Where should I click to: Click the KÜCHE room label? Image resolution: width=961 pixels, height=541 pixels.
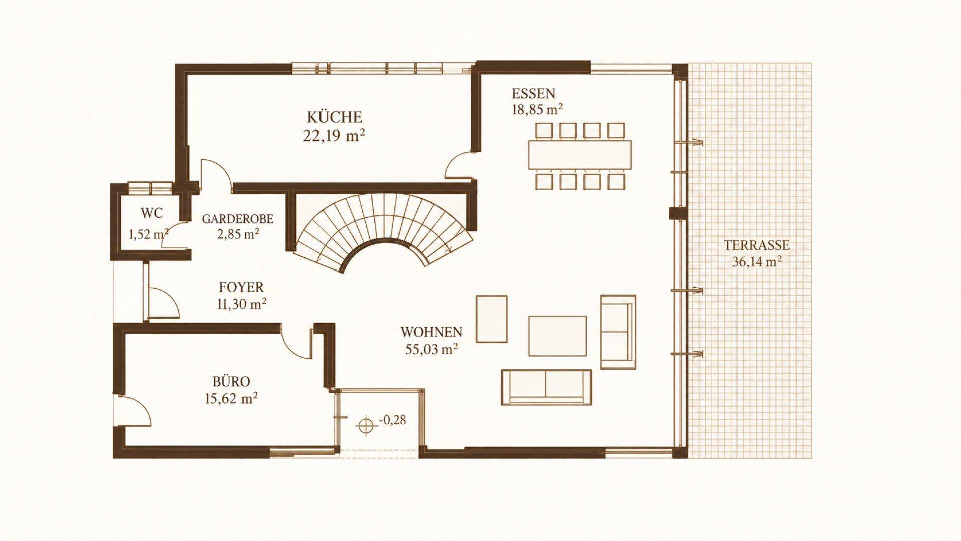coord(334,117)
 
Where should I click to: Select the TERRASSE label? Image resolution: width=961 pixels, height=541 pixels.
coord(756,245)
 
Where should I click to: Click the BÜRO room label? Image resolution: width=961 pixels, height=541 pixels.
coord(231,381)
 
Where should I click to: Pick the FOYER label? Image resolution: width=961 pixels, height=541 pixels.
coord(241,287)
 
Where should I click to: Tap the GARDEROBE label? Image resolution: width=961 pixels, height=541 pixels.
coord(237,219)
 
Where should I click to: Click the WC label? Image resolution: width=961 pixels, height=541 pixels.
coord(151,213)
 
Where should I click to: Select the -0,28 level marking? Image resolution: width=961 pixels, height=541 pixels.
coord(393,420)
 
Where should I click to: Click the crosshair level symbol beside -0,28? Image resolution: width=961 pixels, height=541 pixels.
coord(366,425)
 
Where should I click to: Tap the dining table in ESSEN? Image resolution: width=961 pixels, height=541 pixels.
coord(580,155)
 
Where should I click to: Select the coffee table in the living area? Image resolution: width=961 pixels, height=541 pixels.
coord(557,336)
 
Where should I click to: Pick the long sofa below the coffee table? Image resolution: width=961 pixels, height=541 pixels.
coord(546,387)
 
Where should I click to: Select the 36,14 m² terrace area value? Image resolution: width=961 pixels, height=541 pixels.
coord(757,262)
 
